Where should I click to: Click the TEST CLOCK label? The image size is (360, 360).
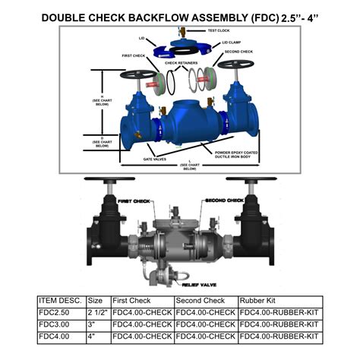219,31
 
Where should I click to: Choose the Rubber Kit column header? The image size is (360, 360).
258,300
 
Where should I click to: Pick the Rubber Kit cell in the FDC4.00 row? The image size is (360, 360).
279,335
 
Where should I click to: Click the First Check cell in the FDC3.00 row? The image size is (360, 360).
142,324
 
